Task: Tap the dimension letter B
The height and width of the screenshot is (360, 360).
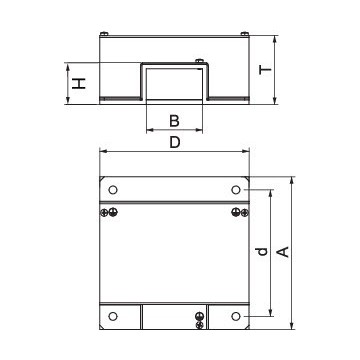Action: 174,121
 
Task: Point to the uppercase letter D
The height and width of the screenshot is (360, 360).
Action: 174,143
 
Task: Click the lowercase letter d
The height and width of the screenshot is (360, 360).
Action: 260,254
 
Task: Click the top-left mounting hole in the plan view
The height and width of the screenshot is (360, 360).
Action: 113,190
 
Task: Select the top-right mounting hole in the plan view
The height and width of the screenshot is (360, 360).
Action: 236,190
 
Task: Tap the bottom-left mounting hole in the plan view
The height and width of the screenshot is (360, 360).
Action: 113,317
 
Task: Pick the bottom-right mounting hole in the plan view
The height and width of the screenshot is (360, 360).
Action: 236,317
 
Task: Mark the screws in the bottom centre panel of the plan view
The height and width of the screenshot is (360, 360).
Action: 200,319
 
